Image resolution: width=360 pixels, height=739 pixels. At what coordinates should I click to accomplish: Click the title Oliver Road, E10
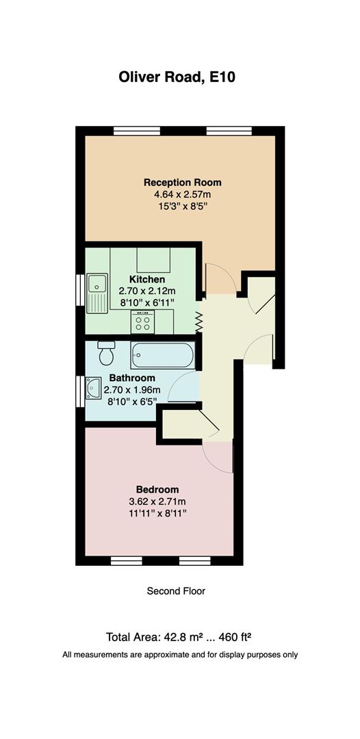coord(177,77)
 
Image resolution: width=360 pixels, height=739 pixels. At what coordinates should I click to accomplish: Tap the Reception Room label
coord(182,183)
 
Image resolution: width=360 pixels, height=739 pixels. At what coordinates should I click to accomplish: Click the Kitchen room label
coord(147,280)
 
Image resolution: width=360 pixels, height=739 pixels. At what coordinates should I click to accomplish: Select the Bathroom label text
coord(131,378)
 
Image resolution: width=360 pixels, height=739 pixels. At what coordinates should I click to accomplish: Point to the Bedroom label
coord(157,489)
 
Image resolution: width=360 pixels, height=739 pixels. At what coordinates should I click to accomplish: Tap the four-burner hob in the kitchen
coord(144,321)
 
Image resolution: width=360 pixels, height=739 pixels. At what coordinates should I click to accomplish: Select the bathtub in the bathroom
coord(163,354)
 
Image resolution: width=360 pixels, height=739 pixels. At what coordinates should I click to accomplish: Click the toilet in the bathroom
coord(107,354)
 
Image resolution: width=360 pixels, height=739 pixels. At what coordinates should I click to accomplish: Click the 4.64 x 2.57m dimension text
coord(182,195)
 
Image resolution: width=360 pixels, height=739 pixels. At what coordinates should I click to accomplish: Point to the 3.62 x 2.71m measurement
coord(157,501)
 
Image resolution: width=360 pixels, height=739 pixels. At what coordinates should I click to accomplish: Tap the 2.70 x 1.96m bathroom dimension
coord(131,390)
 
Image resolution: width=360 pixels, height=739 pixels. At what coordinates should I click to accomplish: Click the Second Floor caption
coord(176,591)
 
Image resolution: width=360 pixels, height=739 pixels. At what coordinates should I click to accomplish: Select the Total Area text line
coord(179,637)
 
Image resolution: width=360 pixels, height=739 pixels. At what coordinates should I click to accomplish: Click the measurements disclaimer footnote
coord(180,655)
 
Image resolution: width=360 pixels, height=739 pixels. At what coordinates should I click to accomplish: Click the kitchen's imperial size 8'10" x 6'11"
coord(147,302)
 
